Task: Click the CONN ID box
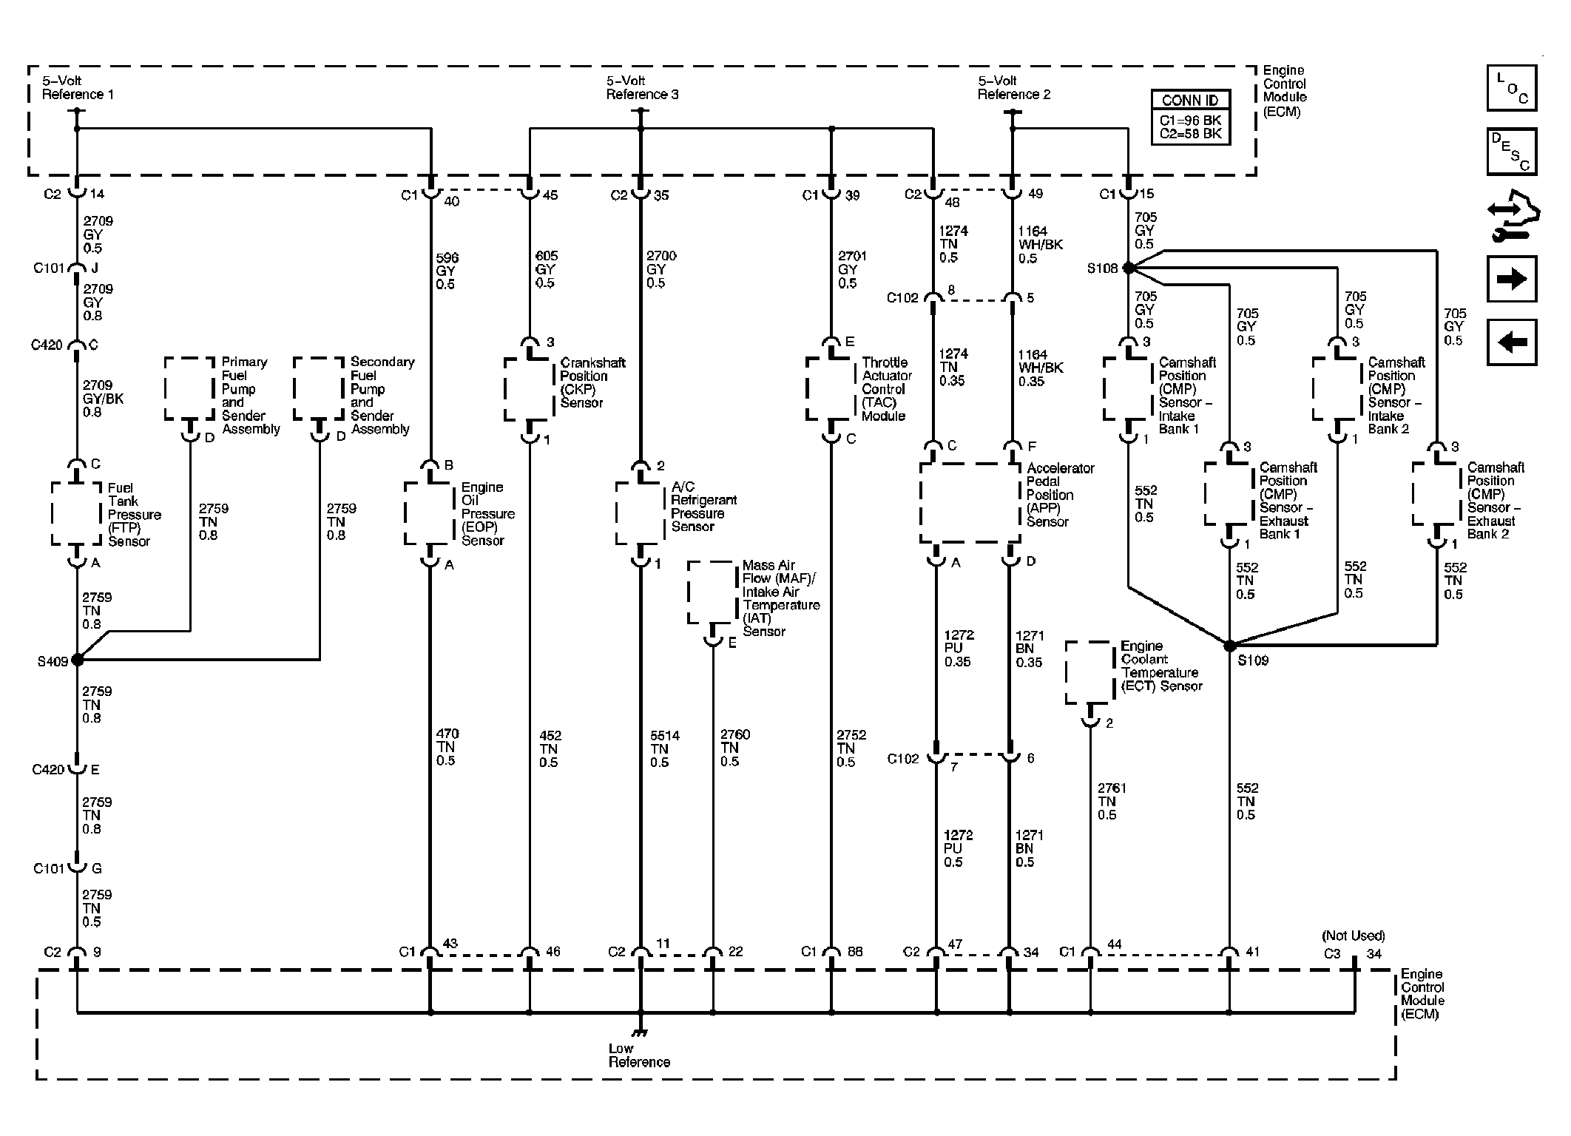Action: click(x=1190, y=117)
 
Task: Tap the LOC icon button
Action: click(x=1512, y=88)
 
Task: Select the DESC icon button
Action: click(x=1512, y=152)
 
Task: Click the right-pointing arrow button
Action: click(x=1512, y=279)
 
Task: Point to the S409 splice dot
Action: click(x=77, y=660)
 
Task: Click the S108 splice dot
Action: click(x=1129, y=268)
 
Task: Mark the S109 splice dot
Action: click(x=1229, y=646)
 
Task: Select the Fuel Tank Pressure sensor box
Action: click(x=76, y=513)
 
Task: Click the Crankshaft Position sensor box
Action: click(x=530, y=389)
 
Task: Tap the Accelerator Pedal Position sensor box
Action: click(x=970, y=503)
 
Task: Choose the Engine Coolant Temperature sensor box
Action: click(x=1090, y=672)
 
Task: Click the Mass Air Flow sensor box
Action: click(x=713, y=592)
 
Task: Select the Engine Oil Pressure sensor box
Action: click(x=430, y=513)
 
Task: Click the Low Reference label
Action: click(x=639, y=1055)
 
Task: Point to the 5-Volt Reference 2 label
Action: click(x=1014, y=88)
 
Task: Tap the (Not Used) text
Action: click(x=1354, y=936)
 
